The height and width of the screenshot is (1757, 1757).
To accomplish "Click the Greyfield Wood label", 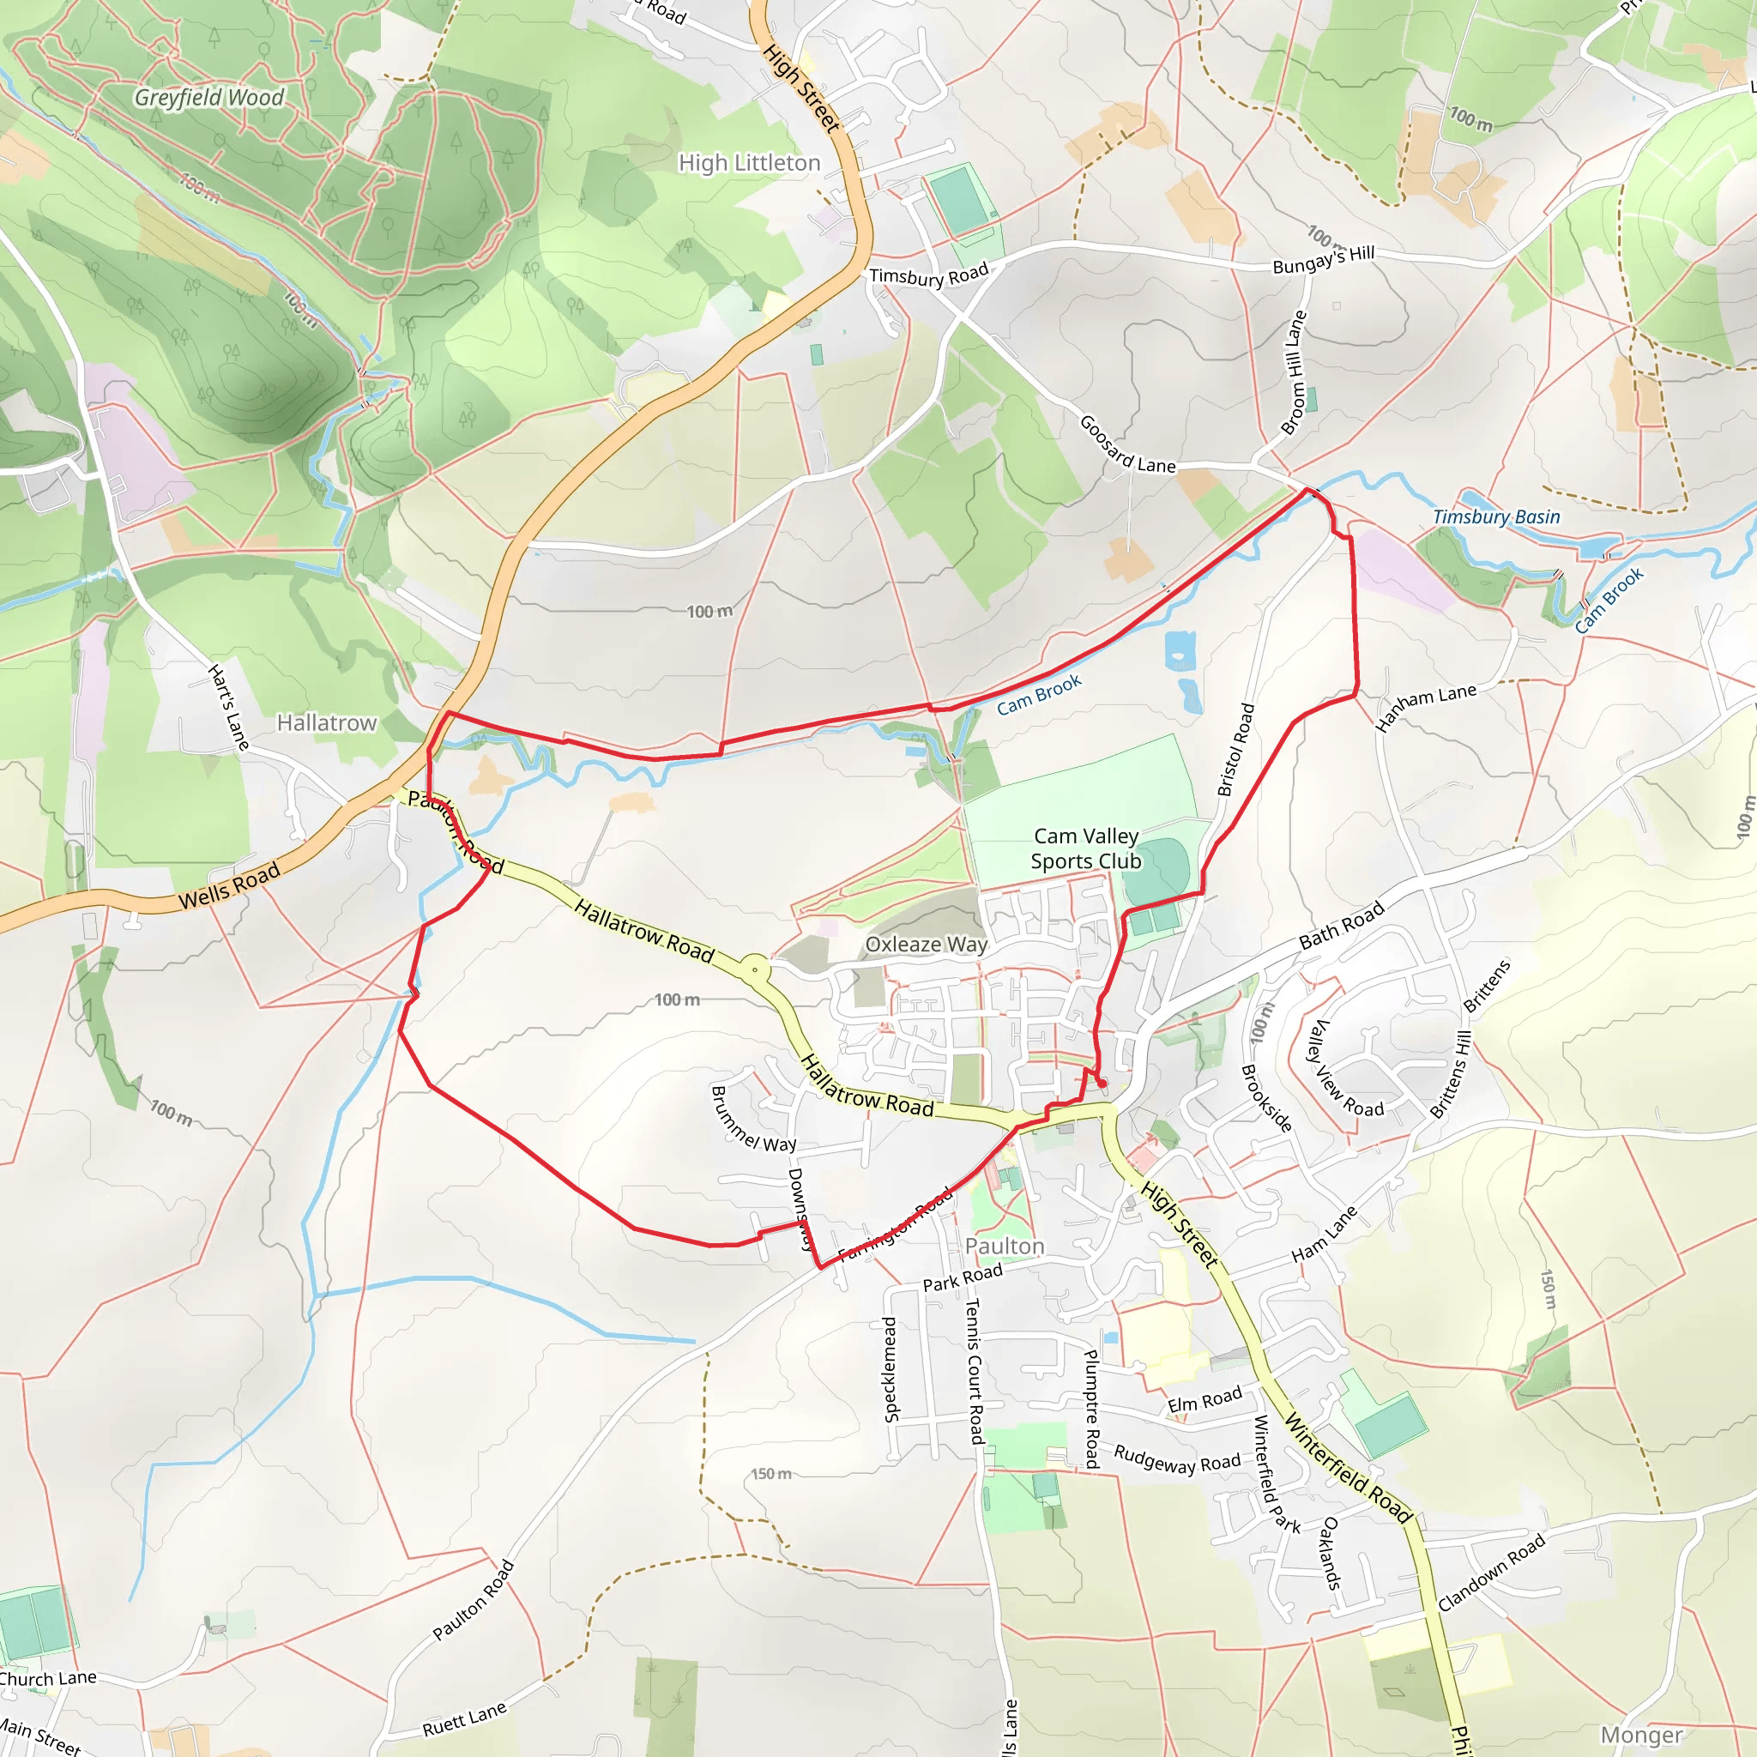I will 209,97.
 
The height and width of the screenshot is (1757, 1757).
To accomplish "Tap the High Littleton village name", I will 749,163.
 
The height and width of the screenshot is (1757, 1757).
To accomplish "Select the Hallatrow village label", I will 327,723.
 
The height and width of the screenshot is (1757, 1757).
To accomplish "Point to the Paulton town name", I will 1005,1246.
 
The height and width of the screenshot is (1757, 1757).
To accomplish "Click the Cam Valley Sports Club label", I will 1086,848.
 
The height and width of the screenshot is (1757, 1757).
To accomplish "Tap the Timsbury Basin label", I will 1496,516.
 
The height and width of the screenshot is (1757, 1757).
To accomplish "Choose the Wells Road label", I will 229,887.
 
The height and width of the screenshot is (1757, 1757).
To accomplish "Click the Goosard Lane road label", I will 1126,446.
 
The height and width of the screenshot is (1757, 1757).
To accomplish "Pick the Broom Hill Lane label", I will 1293,373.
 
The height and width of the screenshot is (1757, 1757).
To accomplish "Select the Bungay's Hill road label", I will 1323,260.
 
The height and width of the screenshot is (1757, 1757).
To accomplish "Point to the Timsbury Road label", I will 928,275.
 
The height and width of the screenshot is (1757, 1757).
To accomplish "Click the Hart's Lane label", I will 228,708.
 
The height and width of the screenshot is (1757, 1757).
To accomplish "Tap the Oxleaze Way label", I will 926,944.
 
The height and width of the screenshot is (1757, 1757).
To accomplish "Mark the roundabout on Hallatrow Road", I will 755,969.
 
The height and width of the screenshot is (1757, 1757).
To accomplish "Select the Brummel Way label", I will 753,1120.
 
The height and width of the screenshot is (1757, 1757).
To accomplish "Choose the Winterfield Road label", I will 1349,1468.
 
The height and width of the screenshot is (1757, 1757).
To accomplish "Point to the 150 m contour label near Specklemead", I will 771,1474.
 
